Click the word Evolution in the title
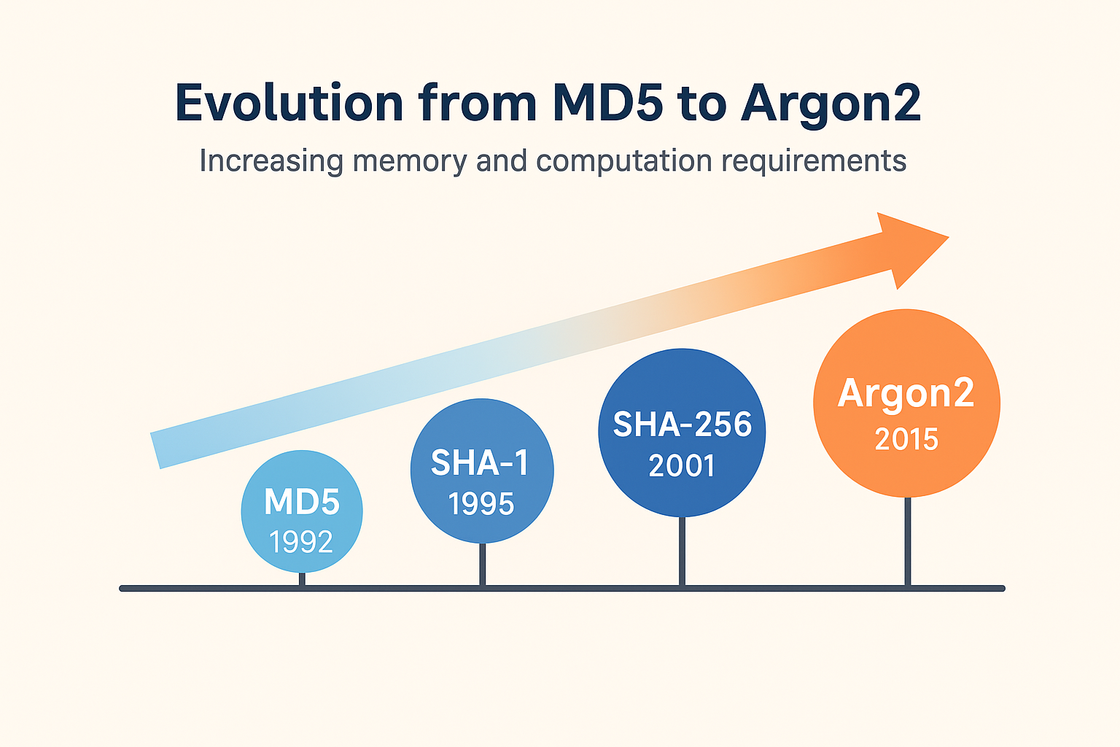(289, 104)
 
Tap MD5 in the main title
(607, 104)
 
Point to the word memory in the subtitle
(409, 160)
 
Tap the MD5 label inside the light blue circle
(302, 502)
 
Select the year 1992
(301, 541)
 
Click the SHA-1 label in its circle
(481, 462)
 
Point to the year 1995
(481, 503)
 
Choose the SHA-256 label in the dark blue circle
(682, 425)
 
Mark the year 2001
(682, 465)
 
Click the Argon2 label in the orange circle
(906, 394)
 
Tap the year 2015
(906, 439)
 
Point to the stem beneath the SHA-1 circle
(482, 564)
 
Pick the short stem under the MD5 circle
(302, 579)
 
